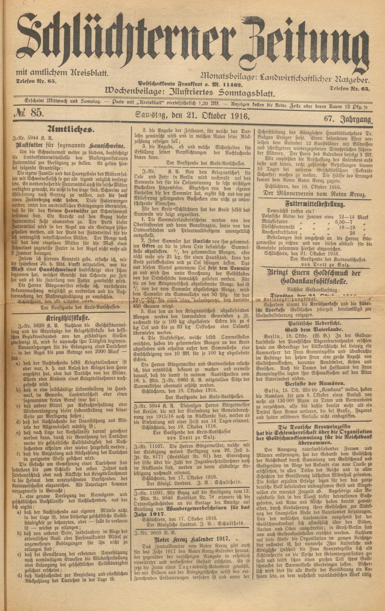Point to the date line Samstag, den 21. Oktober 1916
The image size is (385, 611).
tap(192, 115)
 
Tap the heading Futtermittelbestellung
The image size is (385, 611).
tap(315, 204)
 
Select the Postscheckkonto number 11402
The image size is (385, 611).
tap(231, 85)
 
